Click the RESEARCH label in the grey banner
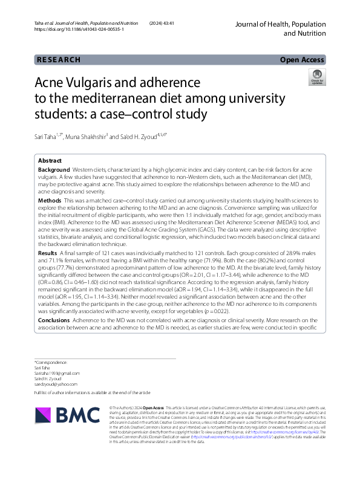[x=59, y=59]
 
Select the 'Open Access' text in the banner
[x=303, y=59]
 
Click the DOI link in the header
[x=78, y=29]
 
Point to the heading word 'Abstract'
[x=50, y=161]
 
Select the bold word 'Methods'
[x=50, y=199]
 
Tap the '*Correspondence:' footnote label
[x=51, y=362]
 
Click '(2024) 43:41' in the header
[x=162, y=22]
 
